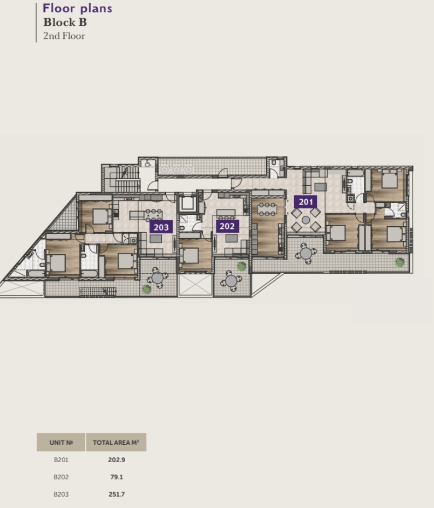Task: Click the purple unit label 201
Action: pyautogui.click(x=306, y=202)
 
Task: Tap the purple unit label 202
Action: pyautogui.click(x=227, y=226)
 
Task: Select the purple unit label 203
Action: pyautogui.click(x=161, y=227)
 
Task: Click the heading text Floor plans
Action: pyautogui.click(x=77, y=8)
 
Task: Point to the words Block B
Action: pyautogui.click(x=65, y=22)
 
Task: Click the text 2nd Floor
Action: pyautogui.click(x=64, y=36)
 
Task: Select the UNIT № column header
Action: pyautogui.click(x=61, y=442)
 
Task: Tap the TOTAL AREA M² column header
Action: pyautogui.click(x=116, y=442)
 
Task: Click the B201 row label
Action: pyautogui.click(x=61, y=460)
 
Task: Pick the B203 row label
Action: pyautogui.click(x=61, y=494)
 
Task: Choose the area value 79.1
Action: pyautogui.click(x=117, y=477)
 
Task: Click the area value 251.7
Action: pyautogui.click(x=117, y=494)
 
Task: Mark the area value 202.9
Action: pyautogui.click(x=117, y=460)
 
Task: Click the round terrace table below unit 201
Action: pyautogui.click(x=306, y=253)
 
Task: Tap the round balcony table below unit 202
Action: pyautogui.click(x=231, y=281)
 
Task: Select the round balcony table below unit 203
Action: pyautogui.click(x=158, y=277)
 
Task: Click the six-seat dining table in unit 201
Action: pyautogui.click(x=267, y=209)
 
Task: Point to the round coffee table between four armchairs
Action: pyautogui.click(x=306, y=220)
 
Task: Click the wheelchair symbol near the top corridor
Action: pyautogui.click(x=148, y=164)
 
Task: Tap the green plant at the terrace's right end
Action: pyautogui.click(x=399, y=261)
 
